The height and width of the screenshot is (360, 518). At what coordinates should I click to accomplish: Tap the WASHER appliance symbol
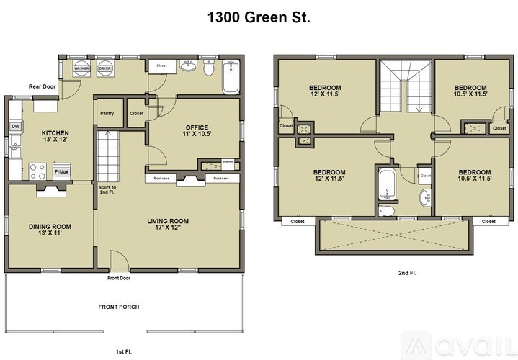pos(81,68)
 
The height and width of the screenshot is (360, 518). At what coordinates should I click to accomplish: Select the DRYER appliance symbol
pos(105,68)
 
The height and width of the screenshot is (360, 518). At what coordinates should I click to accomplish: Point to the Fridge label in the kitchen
pos(61,172)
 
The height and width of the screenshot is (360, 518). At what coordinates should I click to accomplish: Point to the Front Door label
pos(118,278)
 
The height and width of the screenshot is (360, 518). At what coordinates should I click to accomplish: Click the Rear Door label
pos(42,86)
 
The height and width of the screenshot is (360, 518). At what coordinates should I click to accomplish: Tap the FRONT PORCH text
pos(119,307)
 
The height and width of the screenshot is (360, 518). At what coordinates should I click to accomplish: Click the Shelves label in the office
pos(228,162)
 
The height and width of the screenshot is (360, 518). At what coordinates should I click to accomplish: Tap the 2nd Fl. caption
pos(407,273)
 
